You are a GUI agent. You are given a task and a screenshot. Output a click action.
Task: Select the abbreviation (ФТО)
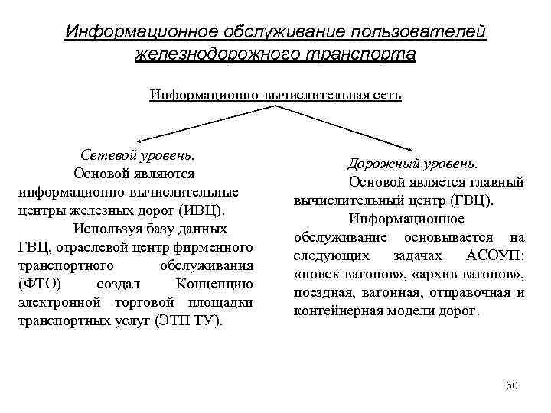[x=37, y=284]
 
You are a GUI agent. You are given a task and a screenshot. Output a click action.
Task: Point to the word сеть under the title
[x=385, y=96]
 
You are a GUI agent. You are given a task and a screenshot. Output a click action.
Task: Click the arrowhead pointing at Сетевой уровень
[x=139, y=142]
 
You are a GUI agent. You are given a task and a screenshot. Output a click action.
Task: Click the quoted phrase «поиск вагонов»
[x=338, y=274]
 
